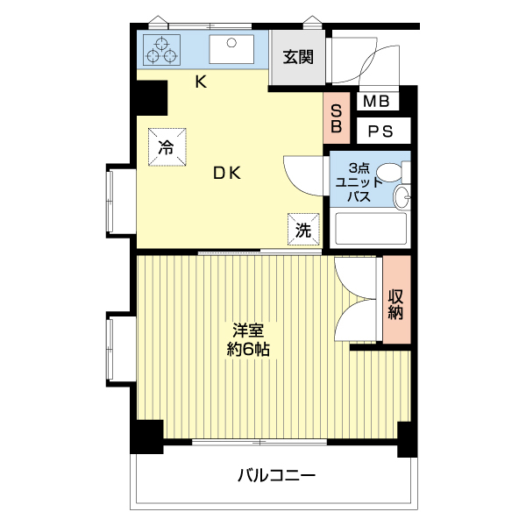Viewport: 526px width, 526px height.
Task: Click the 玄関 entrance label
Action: tap(295, 57)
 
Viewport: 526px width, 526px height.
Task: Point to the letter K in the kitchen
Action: tap(200, 82)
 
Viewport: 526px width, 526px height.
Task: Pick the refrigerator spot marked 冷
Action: tap(166, 146)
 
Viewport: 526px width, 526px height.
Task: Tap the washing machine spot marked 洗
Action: tap(302, 230)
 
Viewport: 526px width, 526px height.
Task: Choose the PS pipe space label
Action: tap(380, 132)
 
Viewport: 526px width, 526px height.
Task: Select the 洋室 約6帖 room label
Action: tap(249, 339)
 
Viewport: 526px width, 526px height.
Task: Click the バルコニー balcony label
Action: tap(275, 476)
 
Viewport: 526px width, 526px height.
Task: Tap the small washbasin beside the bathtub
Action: tap(402, 197)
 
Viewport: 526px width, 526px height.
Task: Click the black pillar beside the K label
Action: tap(151, 96)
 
